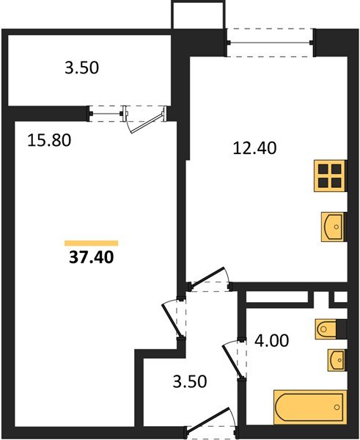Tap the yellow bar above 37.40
91,242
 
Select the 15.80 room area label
50,139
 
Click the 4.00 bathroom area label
273,340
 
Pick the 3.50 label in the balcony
81,70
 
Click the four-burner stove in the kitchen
329,176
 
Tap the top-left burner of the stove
323,170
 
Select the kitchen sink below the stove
334,226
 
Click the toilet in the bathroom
328,330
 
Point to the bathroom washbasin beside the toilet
336,360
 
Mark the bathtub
309,406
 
